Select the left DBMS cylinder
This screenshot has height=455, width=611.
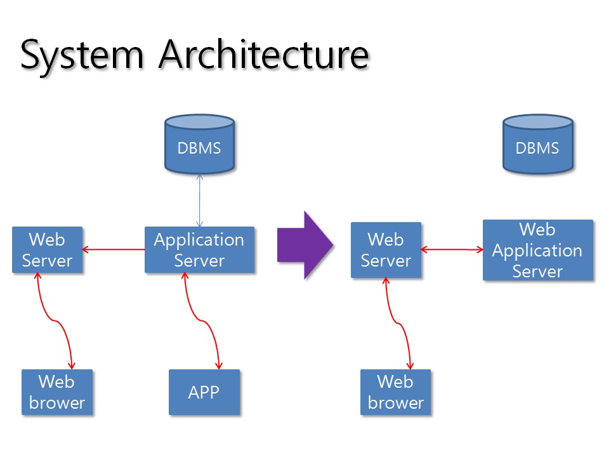pyautogui.click(x=199, y=144)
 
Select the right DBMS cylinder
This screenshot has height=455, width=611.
pyautogui.click(x=537, y=144)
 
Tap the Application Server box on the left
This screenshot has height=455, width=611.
pyautogui.click(x=199, y=250)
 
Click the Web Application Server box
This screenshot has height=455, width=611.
pyautogui.click(x=537, y=250)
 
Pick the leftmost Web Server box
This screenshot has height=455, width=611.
pyautogui.click(x=47, y=250)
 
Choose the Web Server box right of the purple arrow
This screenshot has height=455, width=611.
pyautogui.click(x=386, y=250)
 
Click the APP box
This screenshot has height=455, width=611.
pyautogui.click(x=204, y=392)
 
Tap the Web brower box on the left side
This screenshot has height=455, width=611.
pyautogui.click(x=57, y=392)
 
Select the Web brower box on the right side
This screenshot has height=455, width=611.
pyautogui.click(x=395, y=392)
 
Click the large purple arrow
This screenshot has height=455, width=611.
pyautogui.click(x=305, y=245)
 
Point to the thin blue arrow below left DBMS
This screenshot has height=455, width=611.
pyautogui.click(x=199, y=200)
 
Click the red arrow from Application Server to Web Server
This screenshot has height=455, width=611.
pyautogui.click(x=114, y=249)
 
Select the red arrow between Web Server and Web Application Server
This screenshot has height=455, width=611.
pyautogui.click(x=452, y=250)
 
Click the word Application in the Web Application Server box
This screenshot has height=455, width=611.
pyautogui.click(x=537, y=251)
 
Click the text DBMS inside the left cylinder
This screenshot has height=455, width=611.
pyautogui.click(x=199, y=148)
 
